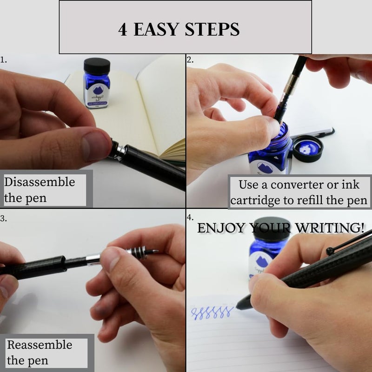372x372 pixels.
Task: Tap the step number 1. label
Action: [x=4, y=60]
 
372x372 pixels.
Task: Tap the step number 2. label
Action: [x=190, y=60]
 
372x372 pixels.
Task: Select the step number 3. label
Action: [x=4, y=217]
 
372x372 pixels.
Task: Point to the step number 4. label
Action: [x=190, y=217]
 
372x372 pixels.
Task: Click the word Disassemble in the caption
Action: [x=40, y=182]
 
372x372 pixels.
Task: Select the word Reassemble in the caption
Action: [x=40, y=345]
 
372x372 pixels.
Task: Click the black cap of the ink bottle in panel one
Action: [x=97, y=66]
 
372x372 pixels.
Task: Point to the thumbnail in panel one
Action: [x=95, y=146]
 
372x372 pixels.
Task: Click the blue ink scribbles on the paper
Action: [x=212, y=312]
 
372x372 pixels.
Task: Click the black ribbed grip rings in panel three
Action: [x=139, y=252]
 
